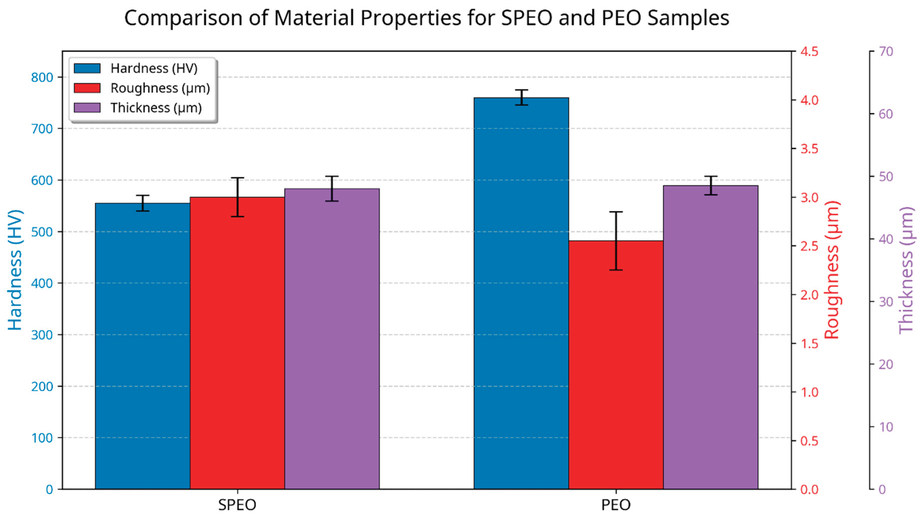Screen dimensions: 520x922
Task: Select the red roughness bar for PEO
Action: point(616,365)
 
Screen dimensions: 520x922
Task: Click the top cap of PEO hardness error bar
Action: point(521,90)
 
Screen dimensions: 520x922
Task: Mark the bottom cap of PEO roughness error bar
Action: point(616,270)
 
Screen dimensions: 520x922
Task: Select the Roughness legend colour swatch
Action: point(87,88)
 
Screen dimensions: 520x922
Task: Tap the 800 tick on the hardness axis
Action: point(42,77)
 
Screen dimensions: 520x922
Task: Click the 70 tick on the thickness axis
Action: point(886,51)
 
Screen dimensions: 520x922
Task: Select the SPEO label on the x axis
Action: point(237,505)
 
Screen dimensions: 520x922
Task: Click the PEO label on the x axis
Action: point(616,505)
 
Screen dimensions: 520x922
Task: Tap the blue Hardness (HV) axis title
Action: point(15,270)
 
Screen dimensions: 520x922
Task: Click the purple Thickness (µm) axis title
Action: point(906,270)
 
